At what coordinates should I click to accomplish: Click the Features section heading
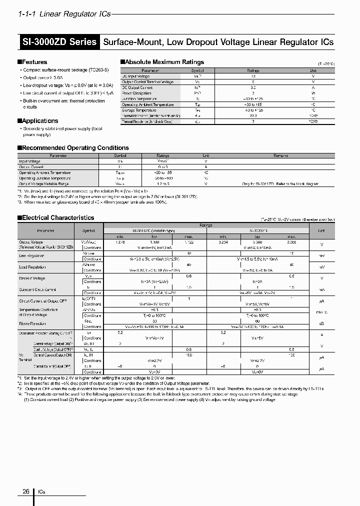(34, 62)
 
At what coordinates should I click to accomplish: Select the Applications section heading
(39, 120)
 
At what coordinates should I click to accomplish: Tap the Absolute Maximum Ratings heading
(163, 62)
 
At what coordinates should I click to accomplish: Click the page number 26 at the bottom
(25, 491)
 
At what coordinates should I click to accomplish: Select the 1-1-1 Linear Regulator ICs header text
(64, 14)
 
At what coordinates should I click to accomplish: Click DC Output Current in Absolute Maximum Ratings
(137, 87)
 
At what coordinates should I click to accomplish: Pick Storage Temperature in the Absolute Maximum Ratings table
(141, 109)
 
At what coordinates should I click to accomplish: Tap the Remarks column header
(280, 155)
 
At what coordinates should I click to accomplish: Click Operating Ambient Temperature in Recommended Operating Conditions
(45, 172)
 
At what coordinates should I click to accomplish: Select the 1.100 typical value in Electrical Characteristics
(154, 242)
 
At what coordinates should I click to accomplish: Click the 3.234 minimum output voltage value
(224, 242)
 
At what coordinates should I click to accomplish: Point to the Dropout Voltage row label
(32, 278)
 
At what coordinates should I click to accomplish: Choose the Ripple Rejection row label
(32, 323)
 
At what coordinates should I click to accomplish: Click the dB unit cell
(321, 323)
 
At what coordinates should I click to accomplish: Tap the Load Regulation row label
(33, 267)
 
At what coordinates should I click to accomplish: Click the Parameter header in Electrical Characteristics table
(45, 230)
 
